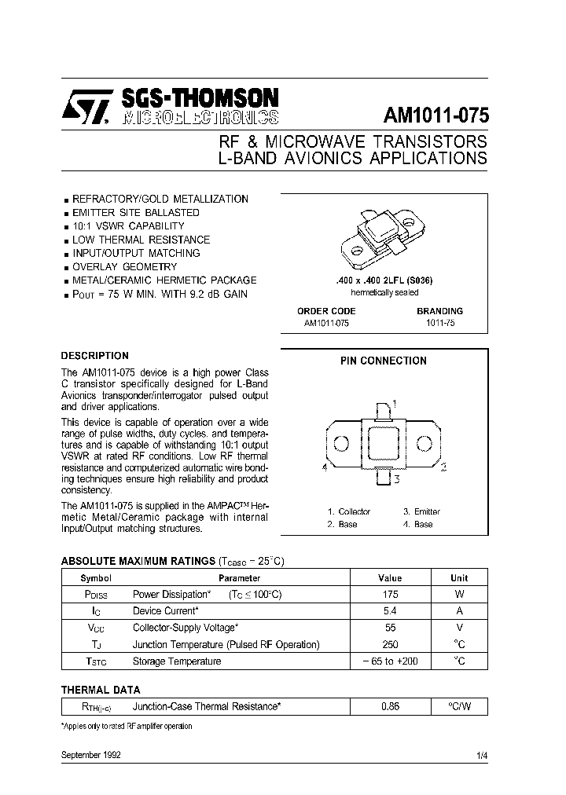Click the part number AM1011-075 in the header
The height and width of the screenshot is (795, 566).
[x=436, y=115]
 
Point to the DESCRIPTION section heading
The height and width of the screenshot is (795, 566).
[x=94, y=355]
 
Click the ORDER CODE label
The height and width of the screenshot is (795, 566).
[x=326, y=311]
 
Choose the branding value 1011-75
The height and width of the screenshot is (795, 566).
[x=439, y=323]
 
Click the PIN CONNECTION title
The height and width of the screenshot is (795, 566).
[x=383, y=361]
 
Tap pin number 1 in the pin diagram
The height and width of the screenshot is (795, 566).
[x=394, y=403]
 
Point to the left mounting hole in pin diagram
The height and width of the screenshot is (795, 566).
[x=341, y=443]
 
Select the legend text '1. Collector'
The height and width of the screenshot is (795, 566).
[x=349, y=511]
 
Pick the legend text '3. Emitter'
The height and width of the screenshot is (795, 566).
[x=421, y=511]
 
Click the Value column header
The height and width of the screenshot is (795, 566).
[x=390, y=577]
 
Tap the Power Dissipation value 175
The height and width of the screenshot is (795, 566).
[x=390, y=595]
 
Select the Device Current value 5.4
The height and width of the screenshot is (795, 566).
[x=390, y=610]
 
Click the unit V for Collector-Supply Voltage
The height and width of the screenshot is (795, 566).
[x=459, y=627]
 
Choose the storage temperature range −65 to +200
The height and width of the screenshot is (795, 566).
[x=390, y=661]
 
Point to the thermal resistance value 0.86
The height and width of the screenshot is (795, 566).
[x=390, y=706]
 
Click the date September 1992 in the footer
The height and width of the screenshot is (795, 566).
[x=90, y=755]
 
